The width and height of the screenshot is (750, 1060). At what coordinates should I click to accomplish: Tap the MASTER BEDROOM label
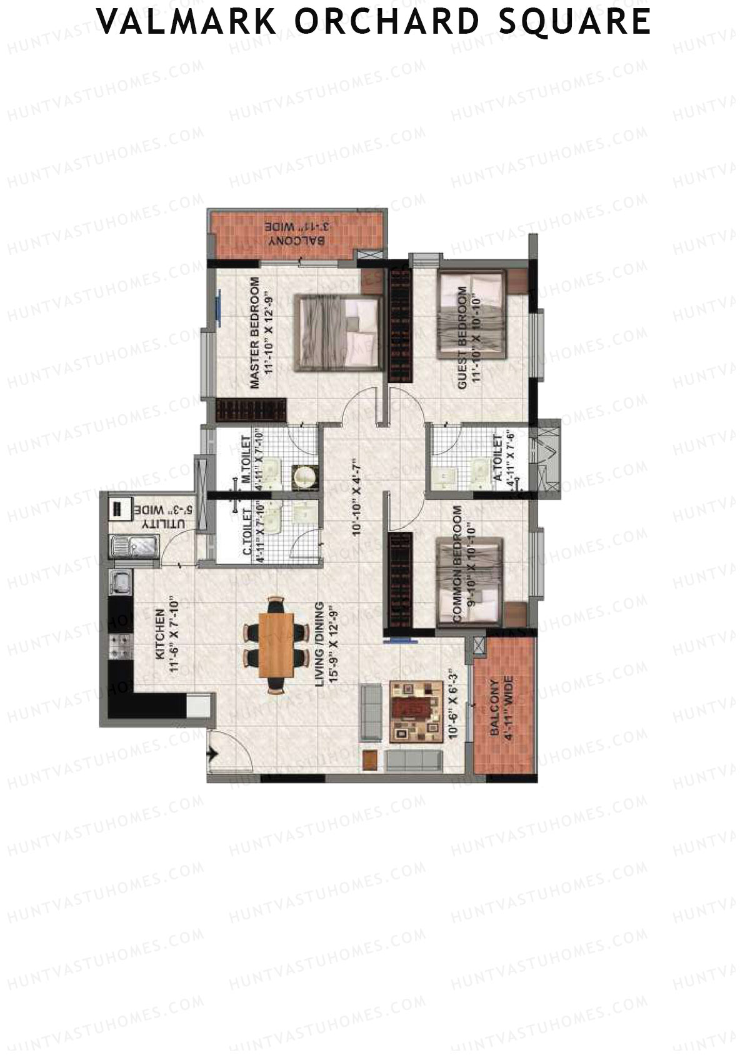coord(254,333)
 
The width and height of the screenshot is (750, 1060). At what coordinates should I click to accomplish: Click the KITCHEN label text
coord(159,634)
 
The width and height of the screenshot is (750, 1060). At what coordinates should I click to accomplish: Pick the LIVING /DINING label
coord(319,645)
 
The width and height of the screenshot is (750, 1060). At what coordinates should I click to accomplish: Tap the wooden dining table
coord(276,645)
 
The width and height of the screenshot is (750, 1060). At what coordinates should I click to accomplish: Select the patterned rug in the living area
coord(416,711)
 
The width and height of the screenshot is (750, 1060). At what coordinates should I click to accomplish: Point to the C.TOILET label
coord(247,532)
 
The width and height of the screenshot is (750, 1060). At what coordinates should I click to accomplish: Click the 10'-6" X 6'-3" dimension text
coord(454,705)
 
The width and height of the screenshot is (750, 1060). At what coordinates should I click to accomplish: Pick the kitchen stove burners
coord(121,646)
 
